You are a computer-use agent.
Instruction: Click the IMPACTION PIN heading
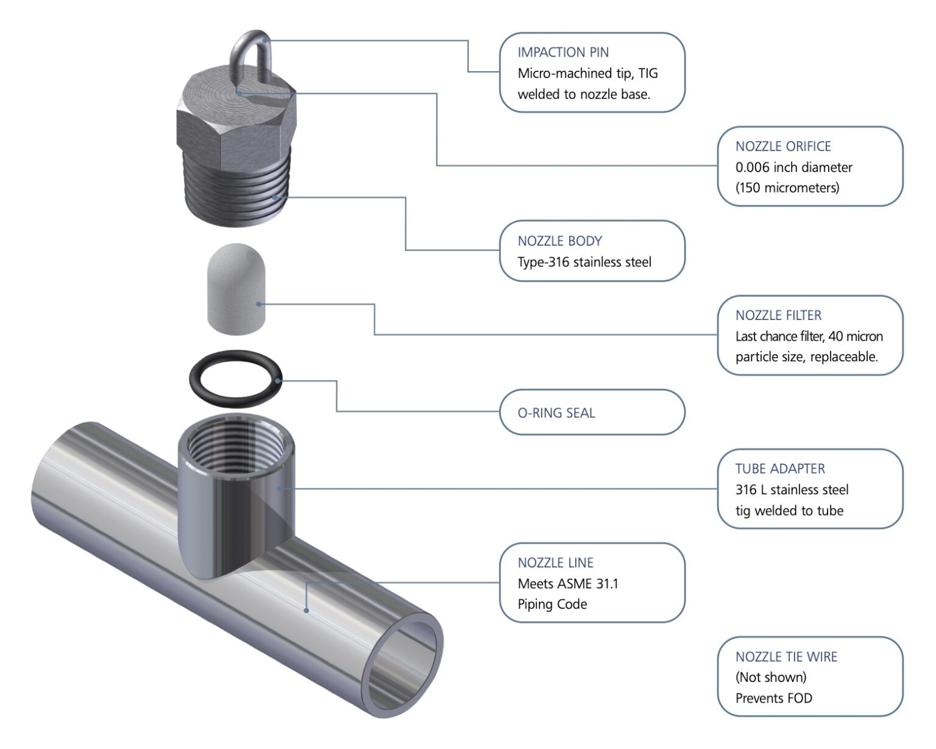click(x=563, y=52)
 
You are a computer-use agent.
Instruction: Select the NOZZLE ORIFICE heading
click(x=783, y=146)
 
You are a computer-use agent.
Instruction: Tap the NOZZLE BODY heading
click(x=559, y=241)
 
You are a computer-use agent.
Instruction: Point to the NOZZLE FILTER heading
click(x=778, y=315)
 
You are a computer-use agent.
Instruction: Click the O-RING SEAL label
click(x=556, y=413)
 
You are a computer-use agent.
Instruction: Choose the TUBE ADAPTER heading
click(x=780, y=469)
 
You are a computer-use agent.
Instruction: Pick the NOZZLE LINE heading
click(x=555, y=563)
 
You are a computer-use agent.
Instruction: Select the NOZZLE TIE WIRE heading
click(x=786, y=656)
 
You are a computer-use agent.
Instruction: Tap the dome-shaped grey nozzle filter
click(x=236, y=289)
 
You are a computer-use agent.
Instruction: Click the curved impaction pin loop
click(x=250, y=43)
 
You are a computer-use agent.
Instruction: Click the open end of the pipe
click(x=402, y=664)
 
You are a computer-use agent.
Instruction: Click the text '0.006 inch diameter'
click(x=793, y=167)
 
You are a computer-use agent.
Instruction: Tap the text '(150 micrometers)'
click(x=787, y=188)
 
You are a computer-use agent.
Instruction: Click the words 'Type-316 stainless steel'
click(x=584, y=262)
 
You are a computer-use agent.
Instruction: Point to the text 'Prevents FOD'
click(x=773, y=698)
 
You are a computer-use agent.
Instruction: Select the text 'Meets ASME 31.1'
click(x=567, y=583)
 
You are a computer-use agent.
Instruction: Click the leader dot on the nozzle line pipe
click(x=306, y=610)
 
